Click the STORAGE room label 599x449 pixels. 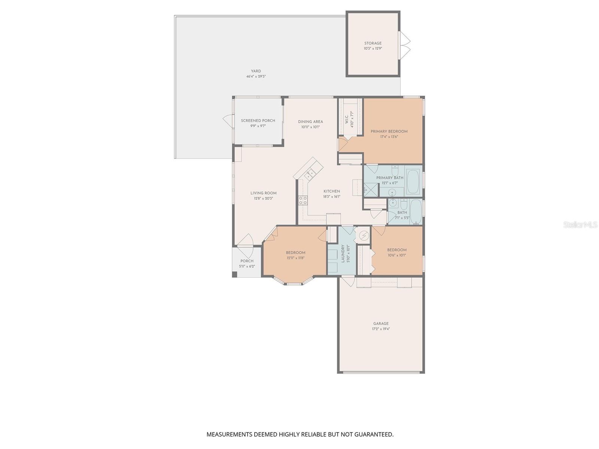click(373, 43)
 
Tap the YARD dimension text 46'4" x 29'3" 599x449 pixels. click(256, 76)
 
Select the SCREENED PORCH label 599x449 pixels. click(258, 120)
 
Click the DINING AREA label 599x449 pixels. click(310, 122)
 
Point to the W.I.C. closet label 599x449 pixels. click(347, 119)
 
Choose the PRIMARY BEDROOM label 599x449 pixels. click(389, 131)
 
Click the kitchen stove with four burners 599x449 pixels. click(303, 200)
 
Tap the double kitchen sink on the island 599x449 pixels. click(310, 174)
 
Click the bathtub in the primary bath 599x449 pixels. click(413, 181)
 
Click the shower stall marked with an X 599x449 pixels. click(371, 190)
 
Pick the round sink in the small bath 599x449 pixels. click(393, 203)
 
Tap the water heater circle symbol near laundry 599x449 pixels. click(364, 236)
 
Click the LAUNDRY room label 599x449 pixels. click(343, 254)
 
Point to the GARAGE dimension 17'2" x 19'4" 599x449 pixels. click(381, 329)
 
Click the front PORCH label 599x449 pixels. click(247, 261)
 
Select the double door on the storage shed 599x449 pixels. click(405, 45)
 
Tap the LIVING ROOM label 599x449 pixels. click(264, 193)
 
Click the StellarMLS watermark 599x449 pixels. click(580, 225)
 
